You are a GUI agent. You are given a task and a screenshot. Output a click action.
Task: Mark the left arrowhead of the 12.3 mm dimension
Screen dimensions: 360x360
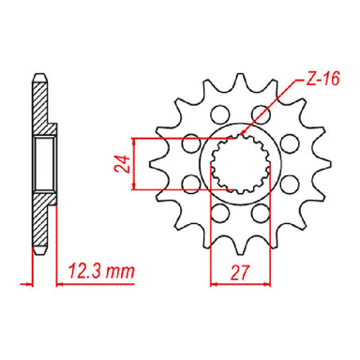point(35,283)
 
